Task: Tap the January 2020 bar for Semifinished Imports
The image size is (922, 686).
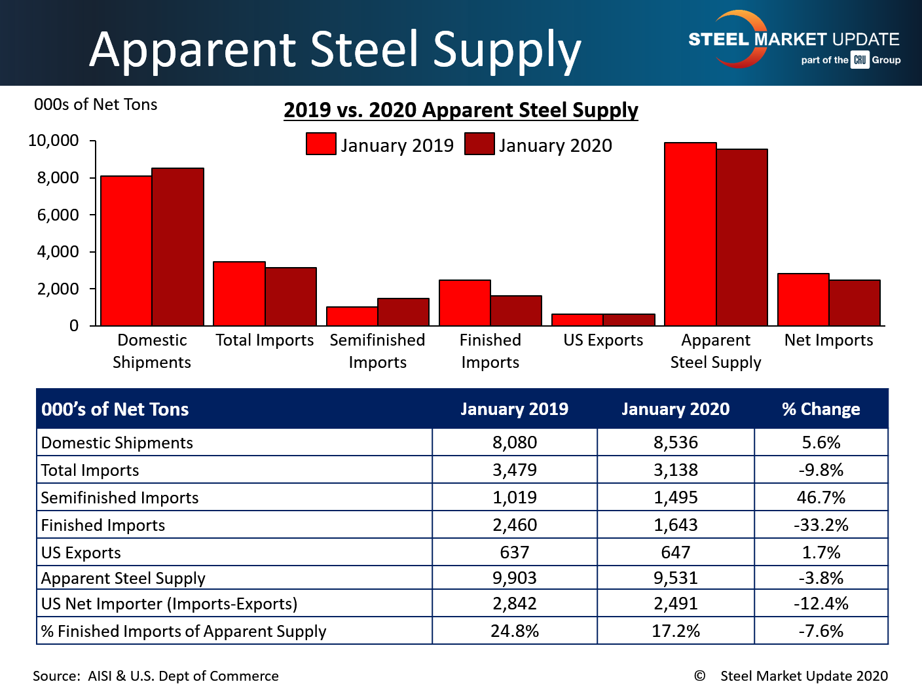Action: click(403, 312)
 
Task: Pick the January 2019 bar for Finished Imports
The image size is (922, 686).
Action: click(465, 303)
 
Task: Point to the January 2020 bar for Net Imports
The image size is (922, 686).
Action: click(855, 303)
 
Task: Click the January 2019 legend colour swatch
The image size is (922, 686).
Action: click(321, 144)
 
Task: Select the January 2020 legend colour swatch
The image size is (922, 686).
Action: click(479, 144)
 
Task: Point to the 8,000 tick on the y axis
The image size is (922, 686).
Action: click(58, 178)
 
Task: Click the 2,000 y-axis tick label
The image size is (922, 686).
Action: click(58, 289)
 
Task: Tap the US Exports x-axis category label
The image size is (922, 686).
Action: click(603, 340)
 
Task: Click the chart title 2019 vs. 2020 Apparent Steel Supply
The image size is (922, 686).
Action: click(461, 110)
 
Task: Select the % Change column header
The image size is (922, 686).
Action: click(821, 409)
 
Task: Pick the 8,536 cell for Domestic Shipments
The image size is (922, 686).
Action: click(676, 442)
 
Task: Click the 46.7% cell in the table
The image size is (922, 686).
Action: click(821, 497)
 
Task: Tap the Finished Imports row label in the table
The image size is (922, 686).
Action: click(103, 525)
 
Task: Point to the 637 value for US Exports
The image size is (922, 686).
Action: click(515, 552)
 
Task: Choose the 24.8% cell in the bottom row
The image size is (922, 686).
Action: click(515, 631)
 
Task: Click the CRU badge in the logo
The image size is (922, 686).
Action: click(860, 60)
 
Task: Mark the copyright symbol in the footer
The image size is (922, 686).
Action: click(699, 676)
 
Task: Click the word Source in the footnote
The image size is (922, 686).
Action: click(56, 676)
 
